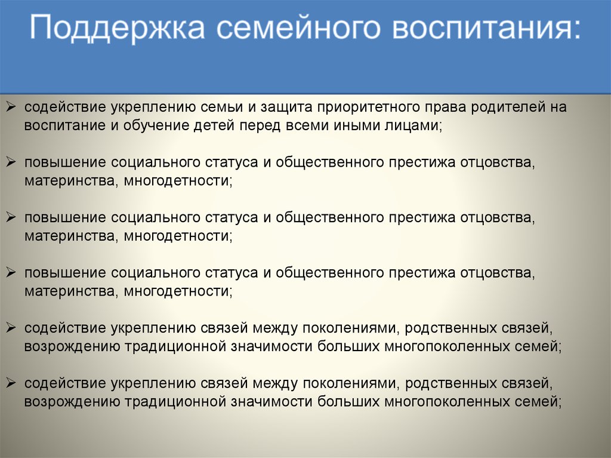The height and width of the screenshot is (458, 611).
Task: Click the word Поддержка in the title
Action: pyautogui.click(x=118, y=27)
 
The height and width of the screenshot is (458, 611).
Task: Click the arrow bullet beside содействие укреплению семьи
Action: pyautogui.click(x=11, y=106)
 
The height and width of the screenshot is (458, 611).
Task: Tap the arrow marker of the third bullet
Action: pyautogui.click(x=11, y=217)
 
